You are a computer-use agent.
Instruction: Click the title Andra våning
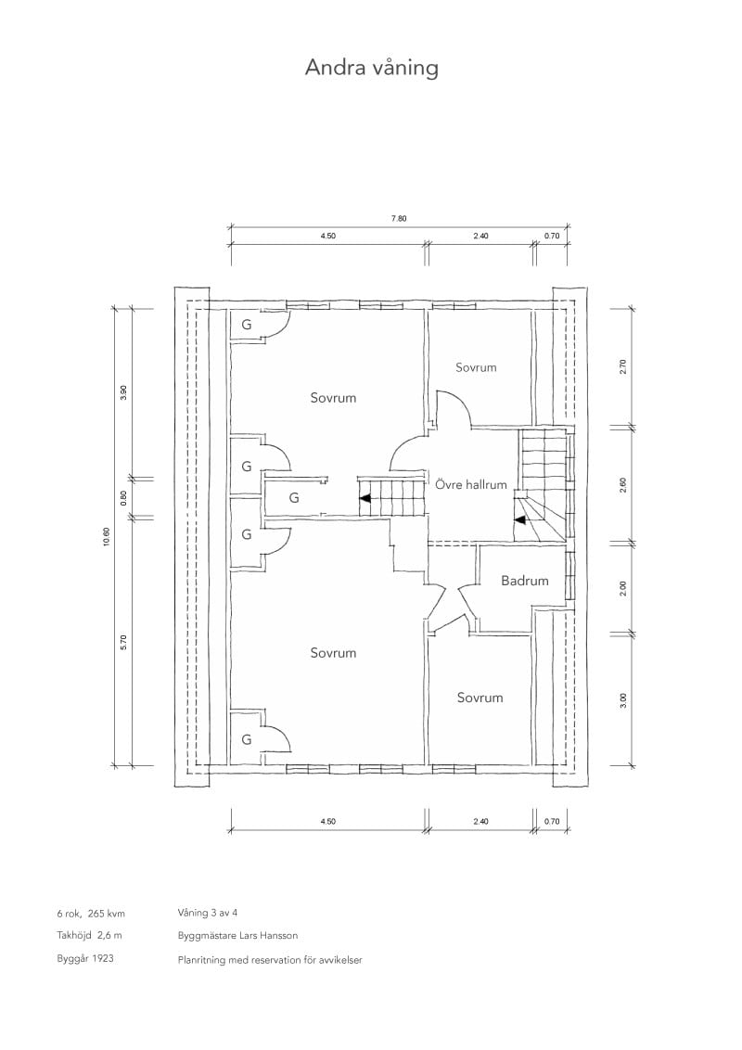(x=372, y=69)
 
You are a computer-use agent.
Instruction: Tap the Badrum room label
(x=524, y=581)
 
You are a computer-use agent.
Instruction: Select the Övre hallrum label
(x=471, y=484)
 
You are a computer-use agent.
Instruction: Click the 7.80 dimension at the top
(x=399, y=218)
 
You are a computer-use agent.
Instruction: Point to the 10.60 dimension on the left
(x=107, y=537)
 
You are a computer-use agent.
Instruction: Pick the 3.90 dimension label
(x=122, y=392)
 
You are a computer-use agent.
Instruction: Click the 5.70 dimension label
(x=122, y=642)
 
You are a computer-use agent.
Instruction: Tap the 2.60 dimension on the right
(x=623, y=485)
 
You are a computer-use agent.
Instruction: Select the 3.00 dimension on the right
(x=623, y=700)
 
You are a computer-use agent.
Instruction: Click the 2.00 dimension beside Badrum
(x=623, y=589)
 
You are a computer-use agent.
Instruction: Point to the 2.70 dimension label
(x=623, y=367)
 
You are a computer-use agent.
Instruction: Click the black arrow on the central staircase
(x=365, y=498)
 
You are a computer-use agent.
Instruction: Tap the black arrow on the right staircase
(x=519, y=519)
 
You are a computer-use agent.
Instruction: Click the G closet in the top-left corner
(x=247, y=325)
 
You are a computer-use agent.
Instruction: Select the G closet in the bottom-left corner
(x=247, y=739)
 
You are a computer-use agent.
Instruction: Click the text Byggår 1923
(x=85, y=958)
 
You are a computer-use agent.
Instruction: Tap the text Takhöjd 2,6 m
(x=90, y=936)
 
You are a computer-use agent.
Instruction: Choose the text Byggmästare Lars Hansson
(x=237, y=936)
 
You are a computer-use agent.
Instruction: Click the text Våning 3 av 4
(x=208, y=913)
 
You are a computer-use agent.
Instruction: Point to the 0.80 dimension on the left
(x=122, y=498)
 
